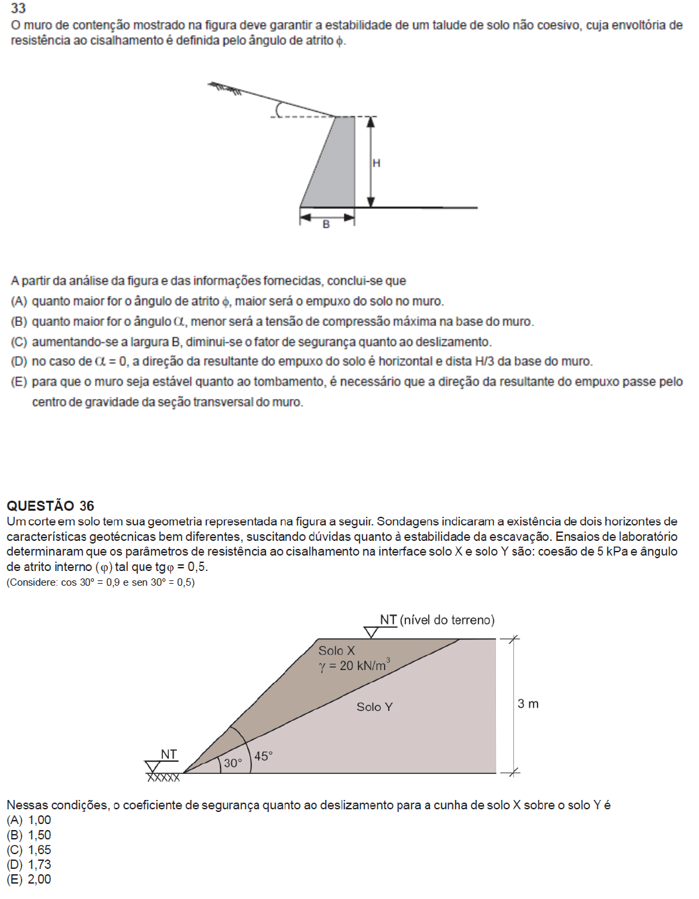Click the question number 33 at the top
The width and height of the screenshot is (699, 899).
18,8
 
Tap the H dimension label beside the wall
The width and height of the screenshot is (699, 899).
377,163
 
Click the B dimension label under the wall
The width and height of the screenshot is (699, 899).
326,225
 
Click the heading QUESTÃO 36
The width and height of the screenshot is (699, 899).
50,505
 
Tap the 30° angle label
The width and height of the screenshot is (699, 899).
233,763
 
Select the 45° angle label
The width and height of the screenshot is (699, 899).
263,756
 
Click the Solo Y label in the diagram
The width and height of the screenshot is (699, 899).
375,707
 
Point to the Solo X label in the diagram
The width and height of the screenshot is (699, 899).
336,651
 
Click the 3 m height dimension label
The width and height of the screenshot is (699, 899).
528,704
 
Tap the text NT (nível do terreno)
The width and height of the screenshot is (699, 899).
437,620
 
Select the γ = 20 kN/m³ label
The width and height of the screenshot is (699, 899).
354,665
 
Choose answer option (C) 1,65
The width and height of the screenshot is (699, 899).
29,849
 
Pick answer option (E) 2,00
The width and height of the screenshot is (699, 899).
29,879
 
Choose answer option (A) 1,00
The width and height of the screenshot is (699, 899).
29,820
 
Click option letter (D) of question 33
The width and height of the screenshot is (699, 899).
19,361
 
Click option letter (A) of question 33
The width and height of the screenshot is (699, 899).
19,301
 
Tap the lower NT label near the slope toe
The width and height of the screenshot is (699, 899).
169,754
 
